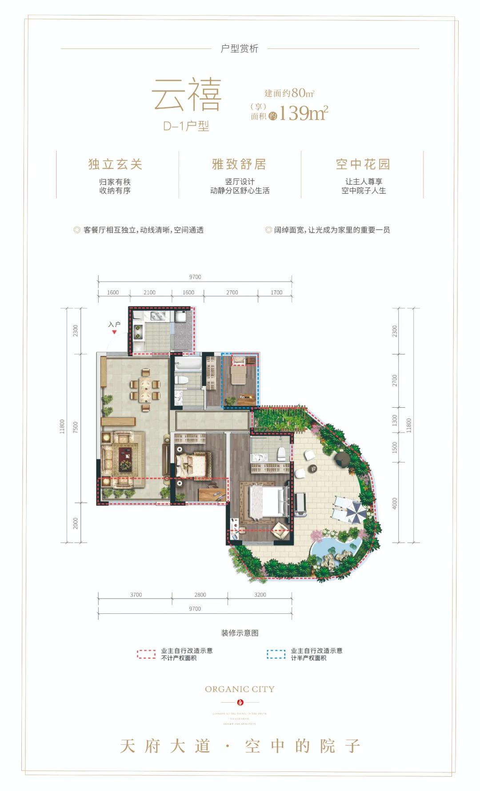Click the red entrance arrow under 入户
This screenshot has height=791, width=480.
(x=114, y=332)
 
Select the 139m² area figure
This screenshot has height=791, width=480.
(x=303, y=113)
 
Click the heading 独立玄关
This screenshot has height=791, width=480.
(x=115, y=164)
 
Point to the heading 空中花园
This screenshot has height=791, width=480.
(x=363, y=164)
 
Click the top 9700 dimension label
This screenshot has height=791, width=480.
(x=195, y=277)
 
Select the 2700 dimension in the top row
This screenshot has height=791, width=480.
(x=232, y=292)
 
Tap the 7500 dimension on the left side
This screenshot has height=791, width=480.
(x=76, y=428)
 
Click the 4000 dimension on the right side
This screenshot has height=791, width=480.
(x=395, y=503)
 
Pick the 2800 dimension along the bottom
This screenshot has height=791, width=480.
(x=200, y=594)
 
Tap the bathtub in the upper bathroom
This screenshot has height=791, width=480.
(x=188, y=366)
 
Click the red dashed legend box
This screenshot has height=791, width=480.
(x=146, y=654)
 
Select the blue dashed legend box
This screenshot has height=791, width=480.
(x=276, y=654)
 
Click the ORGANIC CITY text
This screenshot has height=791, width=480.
(x=240, y=689)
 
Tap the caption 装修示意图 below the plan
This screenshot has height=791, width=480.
(x=240, y=632)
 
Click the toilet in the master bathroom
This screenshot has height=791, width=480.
(x=281, y=453)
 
